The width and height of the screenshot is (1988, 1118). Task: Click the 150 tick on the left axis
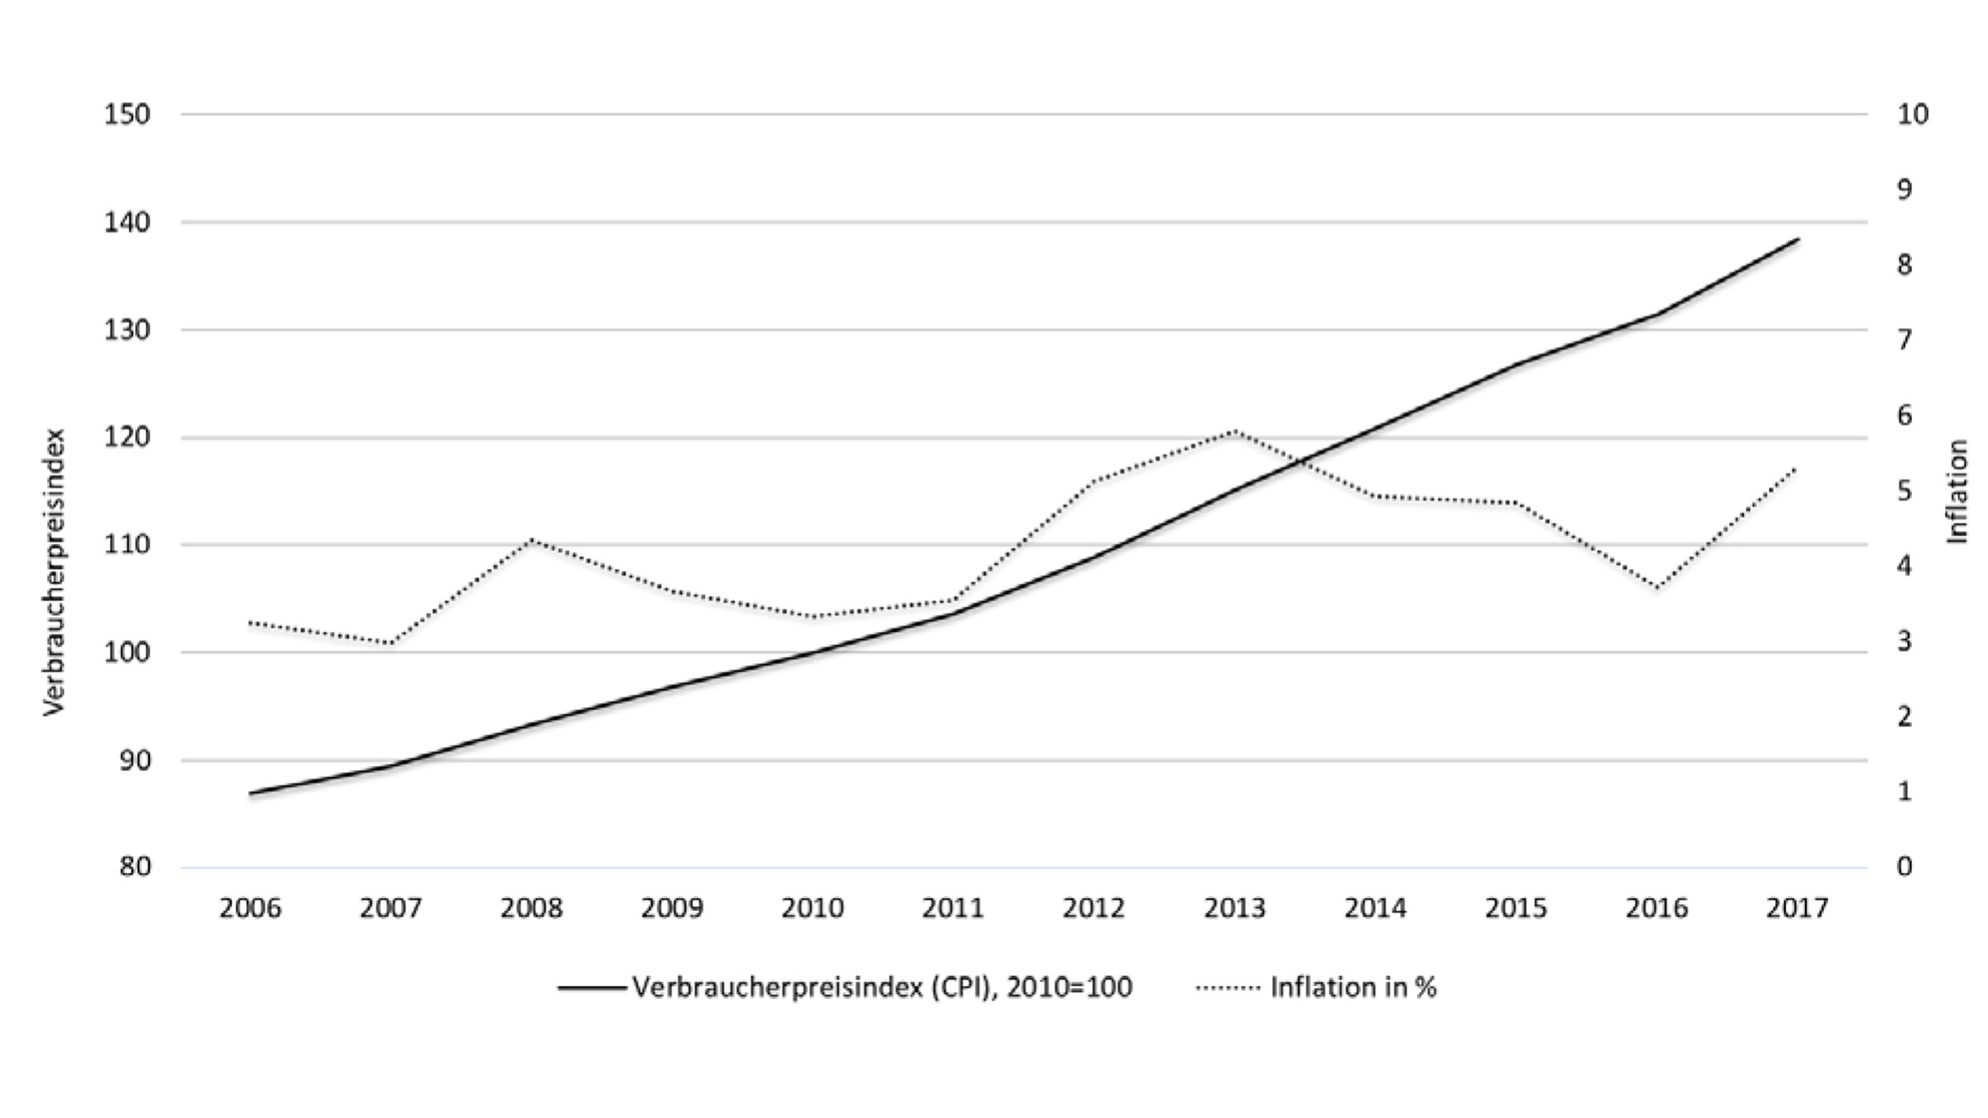(127, 114)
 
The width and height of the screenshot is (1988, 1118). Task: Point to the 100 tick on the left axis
(127, 653)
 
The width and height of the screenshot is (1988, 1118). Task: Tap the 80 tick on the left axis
(134, 867)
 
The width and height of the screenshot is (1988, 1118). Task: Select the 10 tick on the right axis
(1913, 114)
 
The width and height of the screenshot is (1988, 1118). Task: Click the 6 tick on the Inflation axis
(1904, 416)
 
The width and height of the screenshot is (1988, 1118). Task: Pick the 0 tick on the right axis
(1904, 867)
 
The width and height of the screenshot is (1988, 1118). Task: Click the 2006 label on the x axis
(250, 908)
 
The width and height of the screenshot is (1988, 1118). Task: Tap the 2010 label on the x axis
(813, 908)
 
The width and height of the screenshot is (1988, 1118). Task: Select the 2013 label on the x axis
(1234, 908)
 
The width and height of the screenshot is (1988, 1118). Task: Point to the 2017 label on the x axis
(1797, 908)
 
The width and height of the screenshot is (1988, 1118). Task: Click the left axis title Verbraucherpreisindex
(55, 571)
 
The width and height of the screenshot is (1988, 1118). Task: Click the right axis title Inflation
(1957, 491)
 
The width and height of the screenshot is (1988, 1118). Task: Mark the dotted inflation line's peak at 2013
(1234, 431)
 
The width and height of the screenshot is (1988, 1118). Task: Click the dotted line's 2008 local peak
(532, 540)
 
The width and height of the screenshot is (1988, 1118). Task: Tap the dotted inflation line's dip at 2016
(1657, 589)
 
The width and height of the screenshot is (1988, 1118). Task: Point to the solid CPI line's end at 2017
(1798, 239)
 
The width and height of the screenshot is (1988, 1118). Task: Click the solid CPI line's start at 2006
(250, 793)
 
